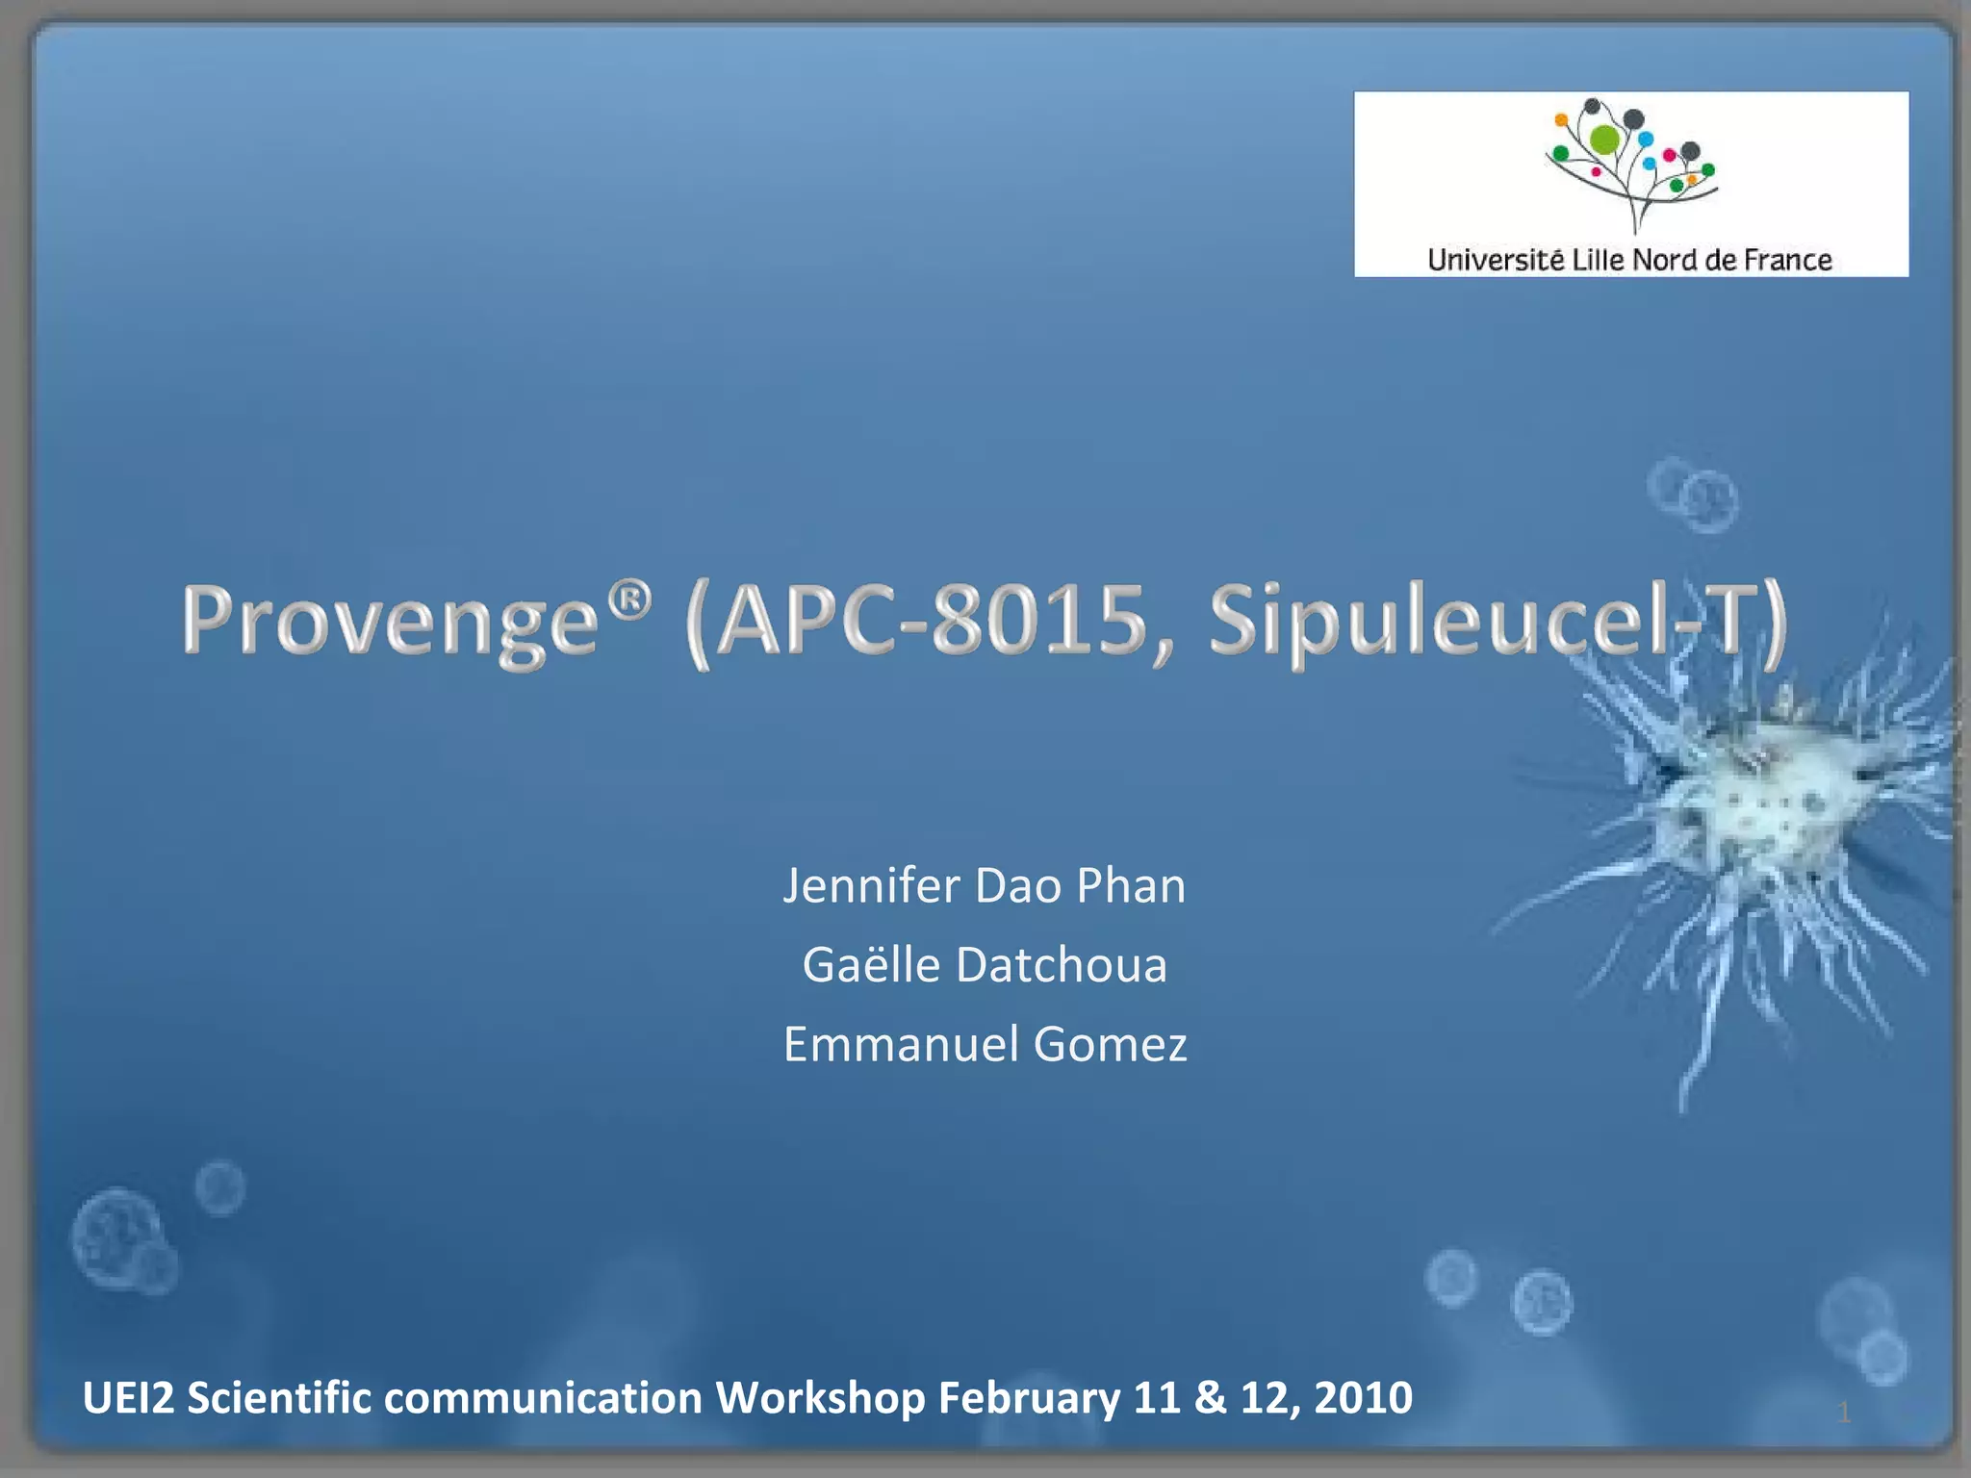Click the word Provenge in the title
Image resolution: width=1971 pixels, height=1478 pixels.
click(391, 621)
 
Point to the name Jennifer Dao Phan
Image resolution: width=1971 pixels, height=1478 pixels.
click(984, 885)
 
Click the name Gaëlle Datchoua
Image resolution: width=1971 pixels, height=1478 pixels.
click(984, 964)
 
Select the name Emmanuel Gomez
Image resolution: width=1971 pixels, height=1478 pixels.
click(985, 1044)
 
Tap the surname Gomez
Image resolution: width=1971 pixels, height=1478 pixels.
click(1110, 1044)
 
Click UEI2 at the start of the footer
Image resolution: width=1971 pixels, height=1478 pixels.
click(128, 1397)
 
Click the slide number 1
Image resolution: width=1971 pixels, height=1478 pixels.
click(1844, 1413)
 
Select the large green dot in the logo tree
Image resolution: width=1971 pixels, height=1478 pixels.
click(1605, 140)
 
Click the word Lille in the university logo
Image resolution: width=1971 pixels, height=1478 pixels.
click(1597, 260)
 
